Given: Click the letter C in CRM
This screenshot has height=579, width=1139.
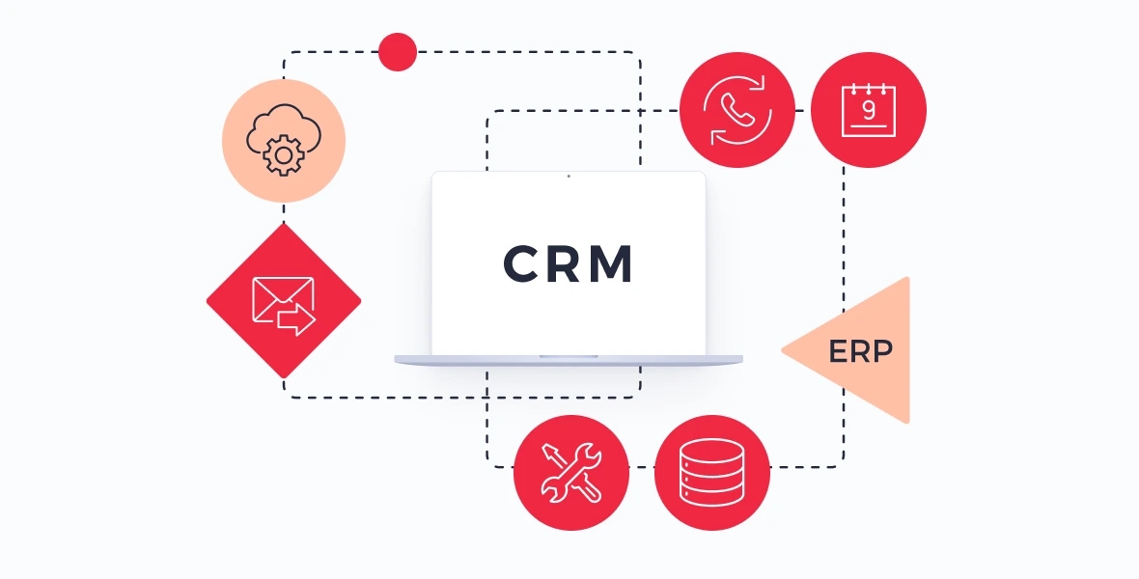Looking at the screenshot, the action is coord(520,263).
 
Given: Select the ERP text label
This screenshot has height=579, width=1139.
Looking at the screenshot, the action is coord(860,351).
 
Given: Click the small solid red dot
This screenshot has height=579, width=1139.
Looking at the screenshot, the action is coord(398,52).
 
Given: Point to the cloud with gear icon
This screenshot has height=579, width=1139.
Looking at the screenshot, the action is coord(283,140).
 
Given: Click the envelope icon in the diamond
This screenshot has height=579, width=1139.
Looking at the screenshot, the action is coord(283,305).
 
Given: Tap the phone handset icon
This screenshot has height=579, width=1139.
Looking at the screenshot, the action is coord(737,110).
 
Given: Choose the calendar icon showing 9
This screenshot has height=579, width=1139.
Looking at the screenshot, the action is coord(868,110).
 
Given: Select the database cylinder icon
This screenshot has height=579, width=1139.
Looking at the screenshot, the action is coord(712,472).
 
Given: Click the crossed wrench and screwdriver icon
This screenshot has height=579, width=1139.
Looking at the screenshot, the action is coord(571,473).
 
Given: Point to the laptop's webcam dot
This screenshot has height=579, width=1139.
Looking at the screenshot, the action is coord(569,176).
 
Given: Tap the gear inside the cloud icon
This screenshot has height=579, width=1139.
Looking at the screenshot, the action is coord(283,154).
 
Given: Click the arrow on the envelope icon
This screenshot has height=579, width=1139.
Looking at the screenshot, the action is coord(296,318).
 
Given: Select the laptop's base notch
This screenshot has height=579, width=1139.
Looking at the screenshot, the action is coord(569,357).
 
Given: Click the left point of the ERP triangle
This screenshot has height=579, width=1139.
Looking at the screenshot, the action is coord(782,350).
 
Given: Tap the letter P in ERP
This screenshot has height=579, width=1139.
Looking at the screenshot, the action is coord(883,351).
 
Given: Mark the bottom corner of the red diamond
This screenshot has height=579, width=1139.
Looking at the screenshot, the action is coord(283,378).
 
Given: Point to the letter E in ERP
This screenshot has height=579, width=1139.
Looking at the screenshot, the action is coord(838,351).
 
